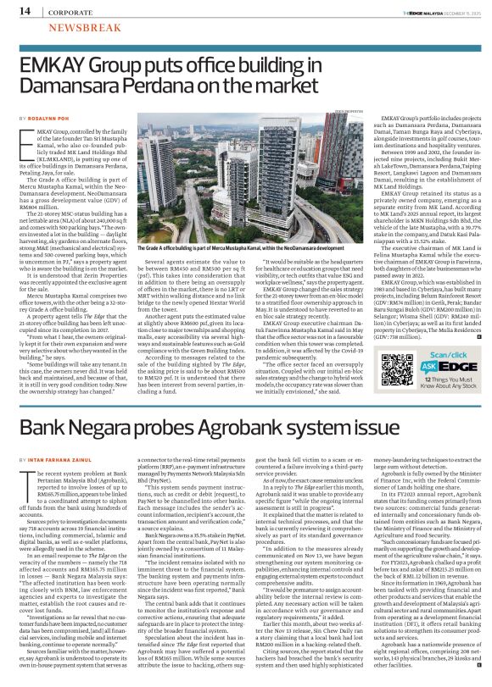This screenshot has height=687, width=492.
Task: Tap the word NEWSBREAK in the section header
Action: [x=78, y=28]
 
